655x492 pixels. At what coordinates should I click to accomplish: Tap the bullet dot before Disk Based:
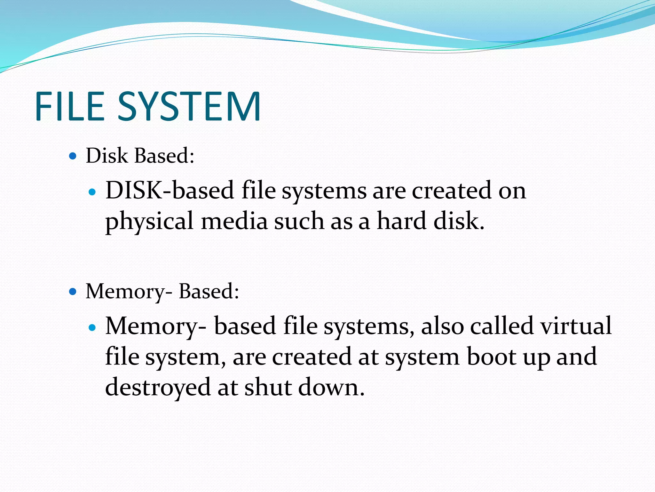coord(73,156)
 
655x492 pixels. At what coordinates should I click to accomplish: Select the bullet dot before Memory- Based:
coord(73,292)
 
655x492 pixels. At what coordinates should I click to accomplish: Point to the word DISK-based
coord(170,191)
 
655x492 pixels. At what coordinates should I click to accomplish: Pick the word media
coord(234,221)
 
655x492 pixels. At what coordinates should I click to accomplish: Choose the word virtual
coord(576,326)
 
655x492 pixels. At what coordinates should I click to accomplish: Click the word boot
coord(491,357)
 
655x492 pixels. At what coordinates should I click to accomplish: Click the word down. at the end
coord(331,387)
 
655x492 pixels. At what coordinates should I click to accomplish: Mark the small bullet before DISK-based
coord(92,192)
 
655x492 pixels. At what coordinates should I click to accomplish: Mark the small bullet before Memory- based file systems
coord(92,328)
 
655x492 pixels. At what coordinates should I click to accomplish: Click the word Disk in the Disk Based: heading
coord(107,156)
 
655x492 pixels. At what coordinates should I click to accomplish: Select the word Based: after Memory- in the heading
coord(209,291)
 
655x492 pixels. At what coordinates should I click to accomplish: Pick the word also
coord(442,326)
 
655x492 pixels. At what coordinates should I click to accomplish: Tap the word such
coord(299,221)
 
